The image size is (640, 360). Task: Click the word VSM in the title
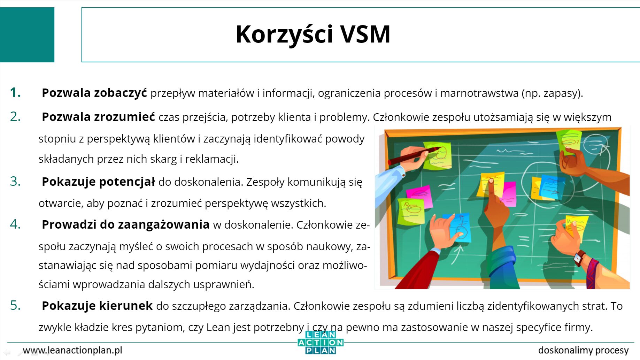(x=365, y=34)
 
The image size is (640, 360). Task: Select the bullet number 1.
(x=15, y=92)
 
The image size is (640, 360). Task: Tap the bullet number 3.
(x=15, y=181)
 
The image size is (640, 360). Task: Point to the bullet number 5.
(x=15, y=305)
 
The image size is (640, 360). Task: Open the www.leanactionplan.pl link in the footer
(x=72, y=350)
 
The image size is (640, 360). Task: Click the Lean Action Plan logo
(x=321, y=343)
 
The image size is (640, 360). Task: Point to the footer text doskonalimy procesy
(x=584, y=350)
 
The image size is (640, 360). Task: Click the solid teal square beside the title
(x=27, y=35)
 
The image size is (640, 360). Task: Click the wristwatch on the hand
(x=580, y=258)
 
